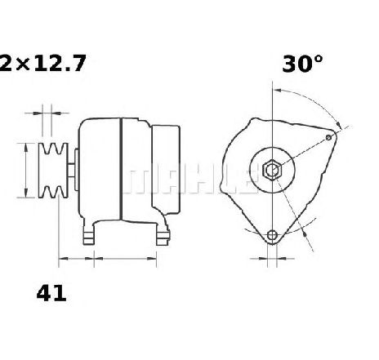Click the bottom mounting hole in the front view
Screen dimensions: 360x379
coord(273,236)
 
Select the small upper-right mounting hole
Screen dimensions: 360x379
coord(329,137)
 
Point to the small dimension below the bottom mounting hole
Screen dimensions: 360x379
coord(273,260)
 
